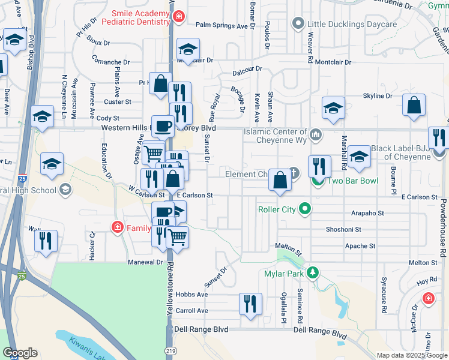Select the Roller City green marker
[x=306, y=209]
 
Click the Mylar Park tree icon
[x=312, y=274]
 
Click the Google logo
[x=20, y=353]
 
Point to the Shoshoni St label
[x=343, y=229]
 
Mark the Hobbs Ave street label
[x=192, y=295]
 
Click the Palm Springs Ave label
[x=221, y=25]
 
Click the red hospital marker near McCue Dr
[x=429, y=298]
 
